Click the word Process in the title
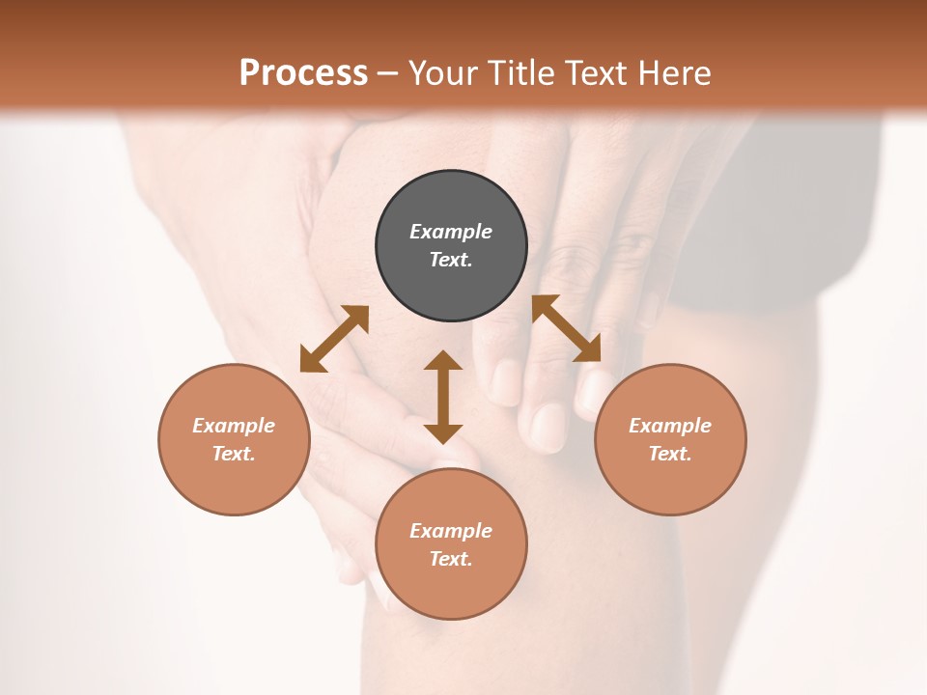point(303,73)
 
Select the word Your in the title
point(444,73)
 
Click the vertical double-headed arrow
point(443,397)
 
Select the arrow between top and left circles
point(334,339)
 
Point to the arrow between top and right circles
point(567,328)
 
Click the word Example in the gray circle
point(451,232)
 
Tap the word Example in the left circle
point(234,426)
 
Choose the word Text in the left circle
point(233,454)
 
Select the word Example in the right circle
point(670,426)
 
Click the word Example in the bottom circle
point(451,531)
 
